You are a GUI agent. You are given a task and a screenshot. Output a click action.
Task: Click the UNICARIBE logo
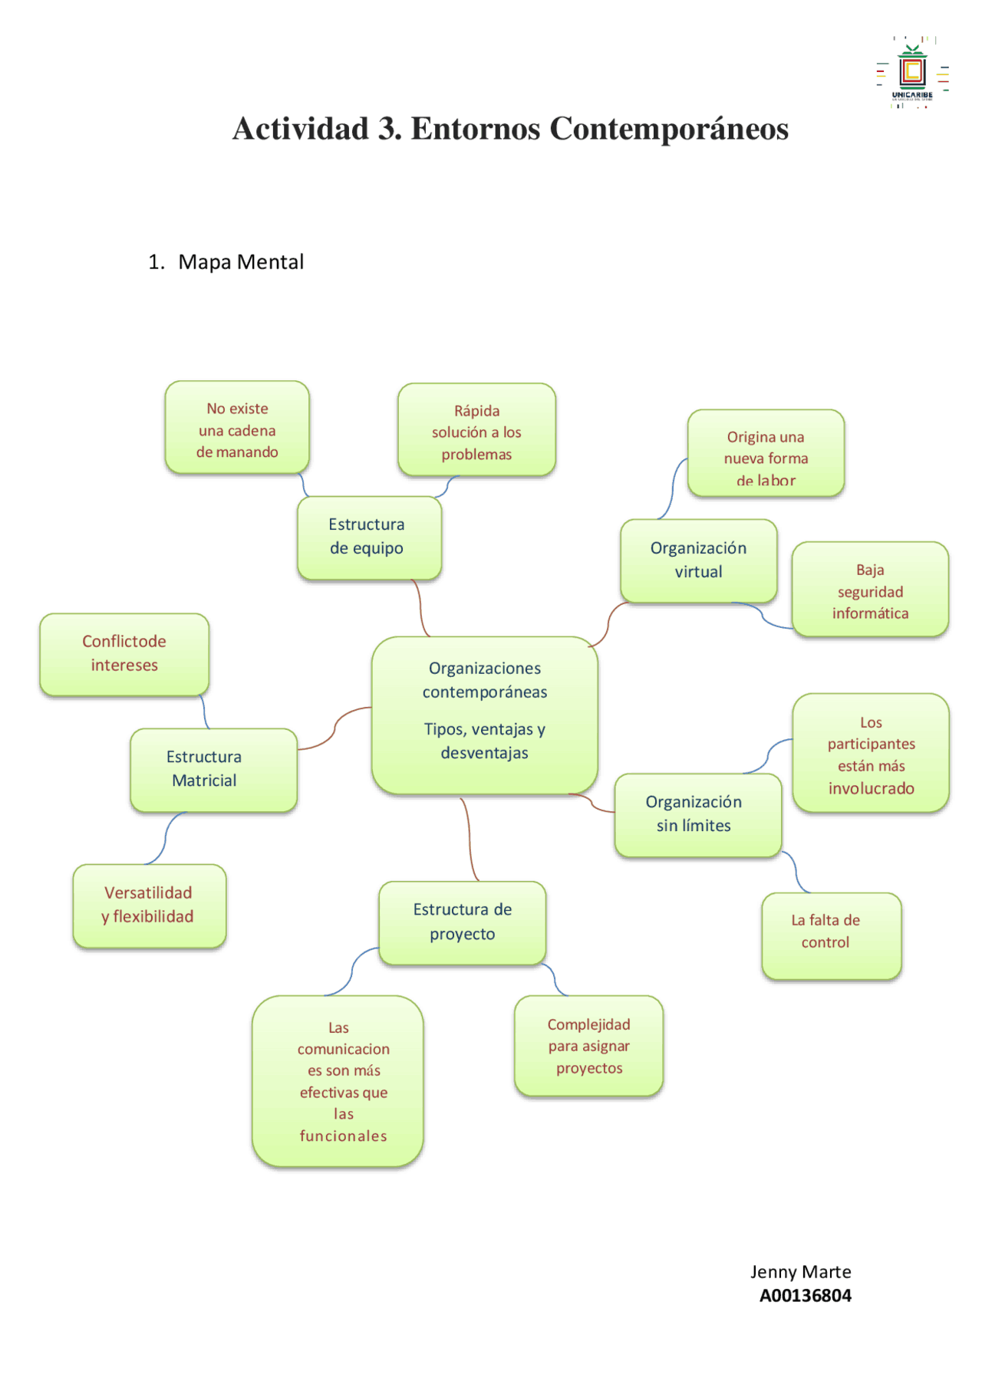click(912, 74)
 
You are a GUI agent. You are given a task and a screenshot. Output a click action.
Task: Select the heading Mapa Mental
click(240, 262)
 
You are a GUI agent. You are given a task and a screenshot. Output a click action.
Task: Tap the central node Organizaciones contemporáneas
click(484, 713)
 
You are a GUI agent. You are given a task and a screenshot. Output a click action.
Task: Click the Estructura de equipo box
click(368, 537)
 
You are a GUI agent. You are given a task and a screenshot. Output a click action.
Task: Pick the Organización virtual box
click(698, 560)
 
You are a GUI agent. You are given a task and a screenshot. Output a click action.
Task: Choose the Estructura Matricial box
click(213, 769)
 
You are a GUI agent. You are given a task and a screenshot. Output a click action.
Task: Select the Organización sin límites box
click(697, 814)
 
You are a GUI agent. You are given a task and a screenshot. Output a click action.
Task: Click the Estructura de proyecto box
click(462, 922)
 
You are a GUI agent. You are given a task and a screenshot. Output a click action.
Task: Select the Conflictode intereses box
click(124, 653)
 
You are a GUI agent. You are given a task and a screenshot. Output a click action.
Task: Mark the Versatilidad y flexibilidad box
click(149, 905)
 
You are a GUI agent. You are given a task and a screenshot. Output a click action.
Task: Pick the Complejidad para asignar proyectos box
click(588, 1046)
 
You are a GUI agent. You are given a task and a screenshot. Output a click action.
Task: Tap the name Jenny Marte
click(800, 1272)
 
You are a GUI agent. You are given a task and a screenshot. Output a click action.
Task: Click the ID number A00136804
click(805, 1296)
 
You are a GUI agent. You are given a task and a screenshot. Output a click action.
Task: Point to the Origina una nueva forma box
click(766, 454)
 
